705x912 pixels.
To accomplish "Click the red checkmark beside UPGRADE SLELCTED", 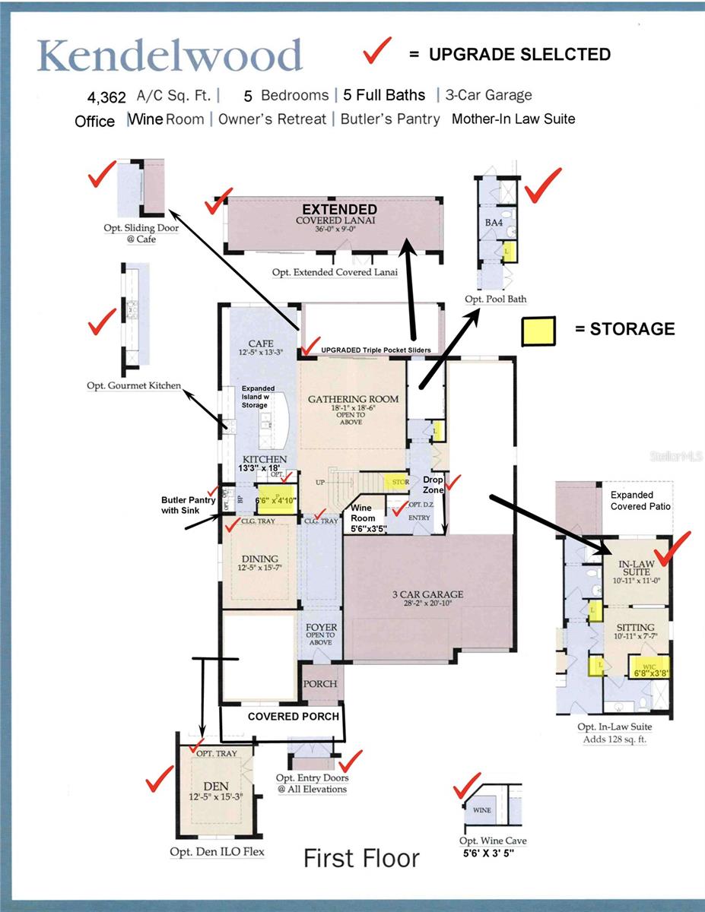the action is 378,52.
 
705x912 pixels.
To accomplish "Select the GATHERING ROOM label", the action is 353,399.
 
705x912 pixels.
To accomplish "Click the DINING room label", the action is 259,559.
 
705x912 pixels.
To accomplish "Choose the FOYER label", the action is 320,629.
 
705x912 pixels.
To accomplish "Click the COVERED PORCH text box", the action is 293,717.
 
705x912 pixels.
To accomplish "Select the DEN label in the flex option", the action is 216,786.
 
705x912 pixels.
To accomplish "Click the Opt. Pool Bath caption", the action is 495,299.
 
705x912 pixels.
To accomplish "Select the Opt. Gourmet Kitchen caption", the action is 134,386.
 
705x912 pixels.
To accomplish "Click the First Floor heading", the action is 361,859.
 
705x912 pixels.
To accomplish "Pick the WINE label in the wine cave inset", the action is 482,810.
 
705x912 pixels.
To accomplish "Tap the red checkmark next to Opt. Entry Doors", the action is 351,760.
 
